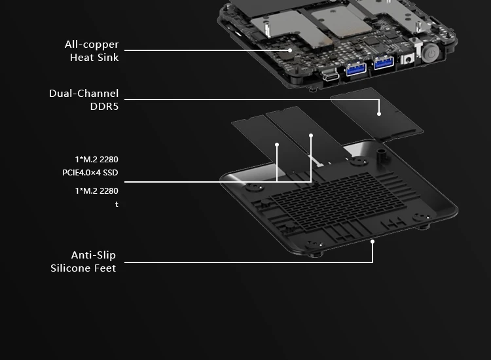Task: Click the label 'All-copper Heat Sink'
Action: [92, 51]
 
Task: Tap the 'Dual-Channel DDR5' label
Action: [84, 100]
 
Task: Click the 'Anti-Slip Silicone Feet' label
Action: [83, 262]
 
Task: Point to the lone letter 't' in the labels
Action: [117, 205]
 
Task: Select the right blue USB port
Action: [384, 63]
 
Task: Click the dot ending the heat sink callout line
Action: [289, 50]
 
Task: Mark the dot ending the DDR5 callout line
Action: [379, 114]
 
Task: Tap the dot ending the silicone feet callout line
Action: [373, 242]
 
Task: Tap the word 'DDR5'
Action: [104, 107]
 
